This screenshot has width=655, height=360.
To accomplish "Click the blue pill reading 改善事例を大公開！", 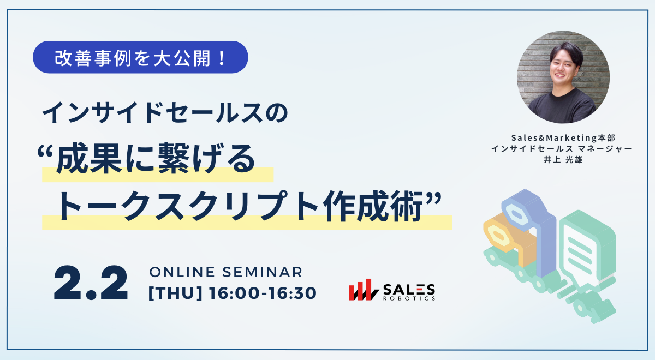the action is (x=140, y=57).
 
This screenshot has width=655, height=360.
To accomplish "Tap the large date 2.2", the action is (x=91, y=283).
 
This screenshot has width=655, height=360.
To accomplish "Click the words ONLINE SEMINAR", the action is (x=226, y=272).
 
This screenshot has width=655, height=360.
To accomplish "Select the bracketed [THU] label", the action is (x=175, y=293).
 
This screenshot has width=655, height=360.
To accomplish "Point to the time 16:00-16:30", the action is (x=263, y=293).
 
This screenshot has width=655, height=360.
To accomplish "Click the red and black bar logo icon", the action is (x=364, y=290).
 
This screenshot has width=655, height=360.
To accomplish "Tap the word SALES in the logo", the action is (x=409, y=290).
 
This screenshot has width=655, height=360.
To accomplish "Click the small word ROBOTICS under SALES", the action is (x=409, y=298).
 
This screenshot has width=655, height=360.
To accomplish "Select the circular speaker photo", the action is (x=563, y=77).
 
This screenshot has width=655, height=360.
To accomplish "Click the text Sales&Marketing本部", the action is (x=563, y=137).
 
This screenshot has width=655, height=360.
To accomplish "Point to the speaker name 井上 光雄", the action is (x=563, y=160).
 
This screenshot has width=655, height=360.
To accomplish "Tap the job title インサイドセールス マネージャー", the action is (x=562, y=149).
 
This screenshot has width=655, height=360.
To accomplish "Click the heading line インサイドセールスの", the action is (x=165, y=112).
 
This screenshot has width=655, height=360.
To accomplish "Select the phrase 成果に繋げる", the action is (x=156, y=158).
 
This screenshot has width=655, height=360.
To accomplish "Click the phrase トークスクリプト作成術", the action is (x=240, y=206).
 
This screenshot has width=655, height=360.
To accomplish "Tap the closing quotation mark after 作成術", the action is (x=433, y=200).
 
